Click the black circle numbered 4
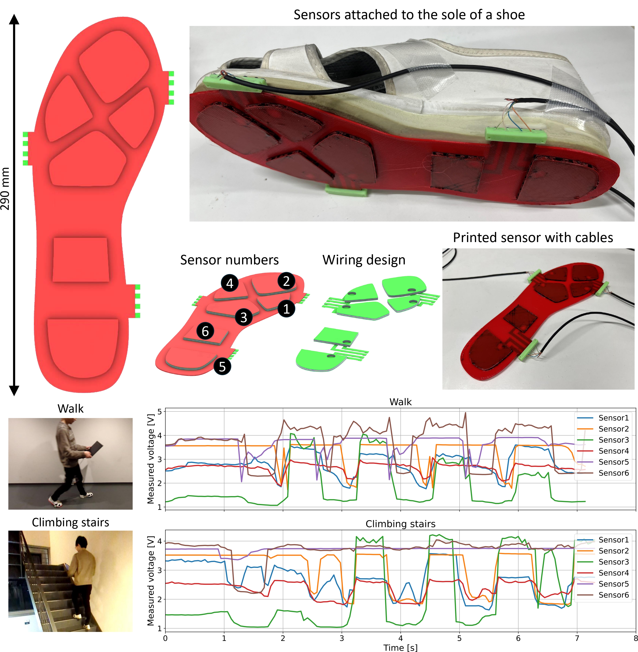point(229,283)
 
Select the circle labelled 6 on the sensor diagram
point(205,331)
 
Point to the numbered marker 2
point(286,281)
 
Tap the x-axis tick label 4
point(400,638)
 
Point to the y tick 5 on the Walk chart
point(159,412)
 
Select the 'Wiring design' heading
point(364,260)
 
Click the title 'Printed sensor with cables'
point(533,238)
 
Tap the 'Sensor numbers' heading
point(229,260)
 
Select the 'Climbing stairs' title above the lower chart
point(400,524)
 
